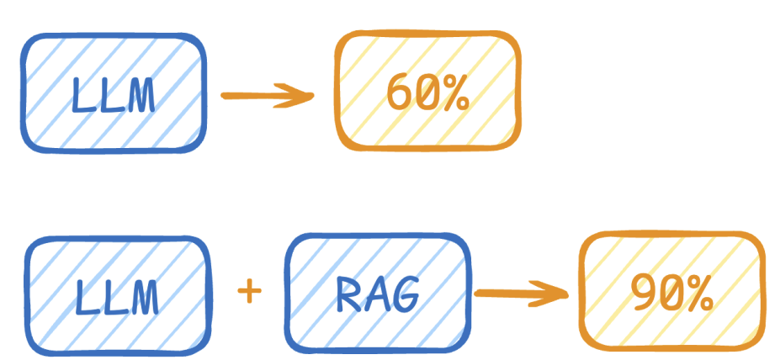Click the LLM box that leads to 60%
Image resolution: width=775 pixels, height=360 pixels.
tap(113, 93)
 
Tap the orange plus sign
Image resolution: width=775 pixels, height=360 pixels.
tap(249, 292)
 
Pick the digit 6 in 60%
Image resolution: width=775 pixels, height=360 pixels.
tap(398, 95)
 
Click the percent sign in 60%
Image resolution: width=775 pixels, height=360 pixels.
tap(453, 95)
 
